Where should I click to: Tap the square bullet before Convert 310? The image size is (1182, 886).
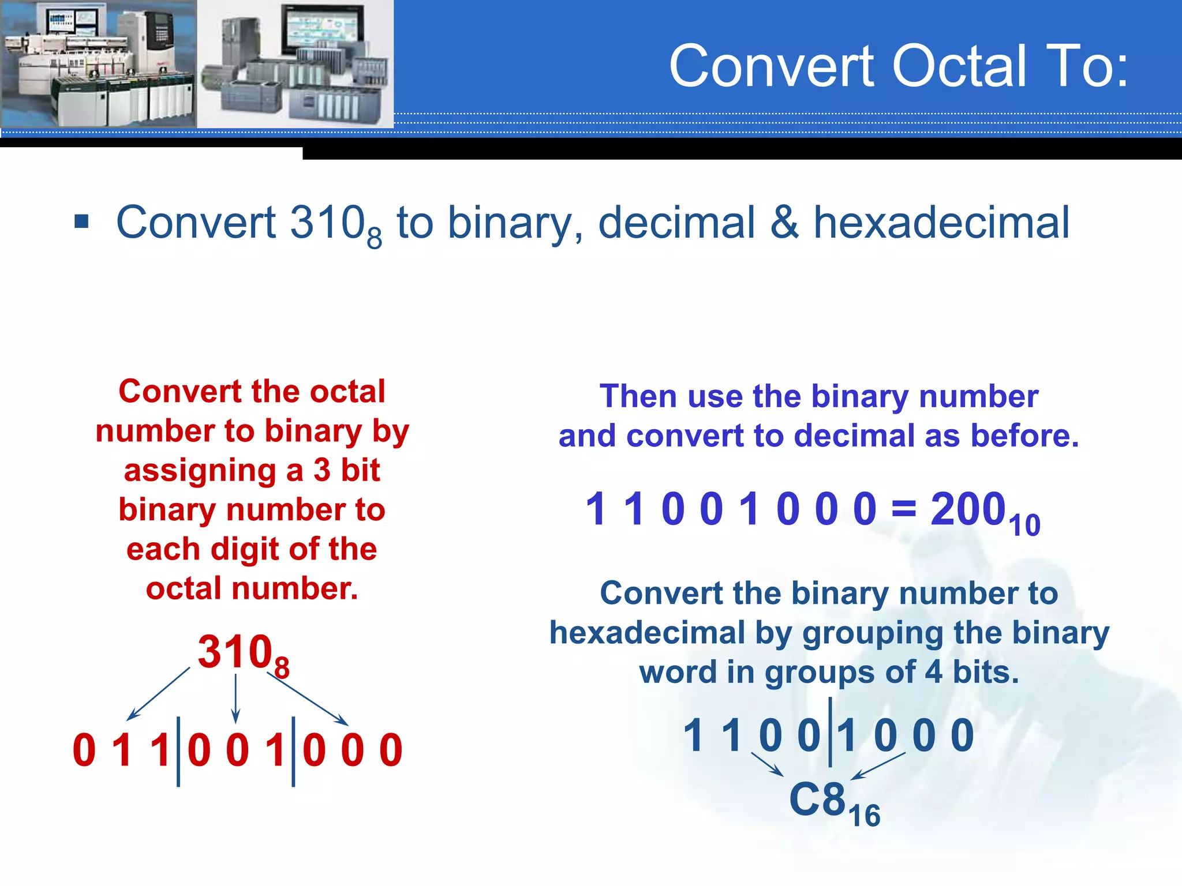pyautogui.click(x=82, y=221)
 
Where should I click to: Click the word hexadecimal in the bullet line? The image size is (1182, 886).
pyautogui.click(x=941, y=223)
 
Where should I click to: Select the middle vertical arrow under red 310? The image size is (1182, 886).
pyautogui.click(x=235, y=699)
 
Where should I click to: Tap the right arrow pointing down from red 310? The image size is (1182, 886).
pyautogui.click(x=308, y=699)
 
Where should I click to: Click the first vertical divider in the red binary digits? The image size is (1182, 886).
pyautogui.click(x=178, y=751)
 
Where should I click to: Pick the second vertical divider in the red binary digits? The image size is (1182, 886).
pyautogui.click(x=293, y=751)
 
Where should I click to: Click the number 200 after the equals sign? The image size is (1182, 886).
pyautogui.click(x=968, y=509)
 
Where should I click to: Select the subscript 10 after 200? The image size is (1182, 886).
pyautogui.click(x=1025, y=525)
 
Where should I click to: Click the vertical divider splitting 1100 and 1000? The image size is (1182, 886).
pyautogui.click(x=830, y=733)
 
